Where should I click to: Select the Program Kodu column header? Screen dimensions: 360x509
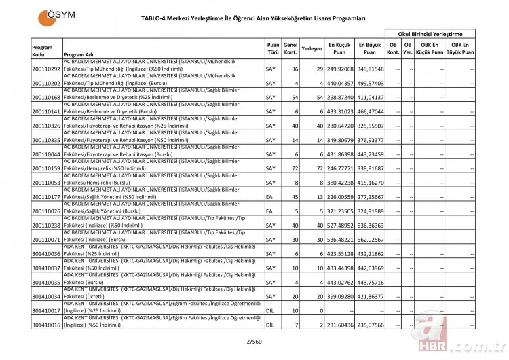[x=42, y=50]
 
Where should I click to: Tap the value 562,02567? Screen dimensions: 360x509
[x=373, y=240]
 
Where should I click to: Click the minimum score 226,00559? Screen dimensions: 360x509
[x=340, y=197]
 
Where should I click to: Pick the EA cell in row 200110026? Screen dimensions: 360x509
[x=269, y=211]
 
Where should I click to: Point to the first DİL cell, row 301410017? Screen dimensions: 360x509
[x=270, y=311]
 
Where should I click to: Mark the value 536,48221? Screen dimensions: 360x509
[x=340, y=240]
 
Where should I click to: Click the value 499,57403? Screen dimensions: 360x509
[x=373, y=84]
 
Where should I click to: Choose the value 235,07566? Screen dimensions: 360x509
[x=373, y=325]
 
